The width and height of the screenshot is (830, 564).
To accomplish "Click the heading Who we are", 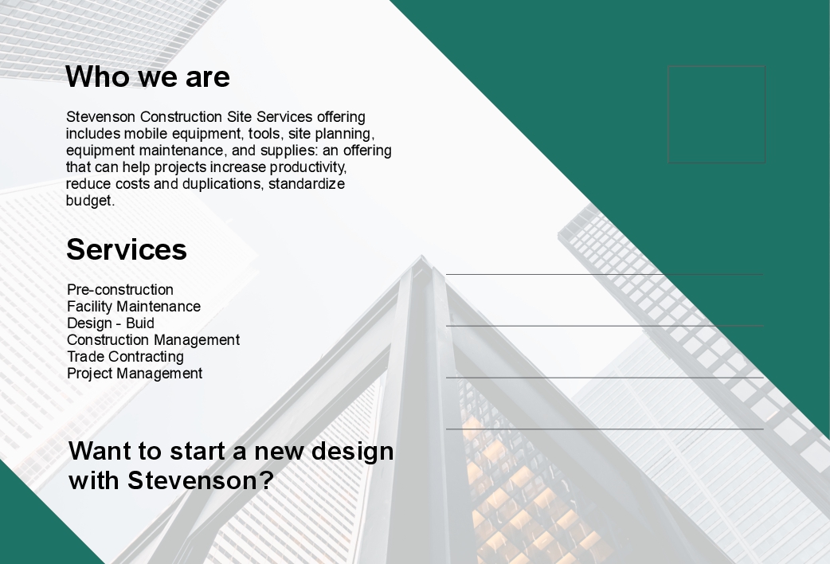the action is [x=147, y=76].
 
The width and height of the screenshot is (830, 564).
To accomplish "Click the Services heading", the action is [x=127, y=249].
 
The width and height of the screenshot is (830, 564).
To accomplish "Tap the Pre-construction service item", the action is [x=120, y=290].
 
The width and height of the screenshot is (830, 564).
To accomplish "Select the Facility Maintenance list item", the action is [x=134, y=307].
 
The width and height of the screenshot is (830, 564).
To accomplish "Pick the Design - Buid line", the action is [x=111, y=323].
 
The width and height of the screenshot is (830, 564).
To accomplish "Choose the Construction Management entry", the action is [x=154, y=340].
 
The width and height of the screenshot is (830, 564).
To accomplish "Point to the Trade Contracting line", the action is [x=125, y=357].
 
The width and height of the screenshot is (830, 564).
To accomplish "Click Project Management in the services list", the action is [x=135, y=374].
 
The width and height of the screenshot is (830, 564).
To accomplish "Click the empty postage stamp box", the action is [x=716, y=66].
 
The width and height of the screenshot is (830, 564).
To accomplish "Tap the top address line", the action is [x=605, y=274].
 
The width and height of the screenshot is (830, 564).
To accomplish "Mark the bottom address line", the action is [x=605, y=429].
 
